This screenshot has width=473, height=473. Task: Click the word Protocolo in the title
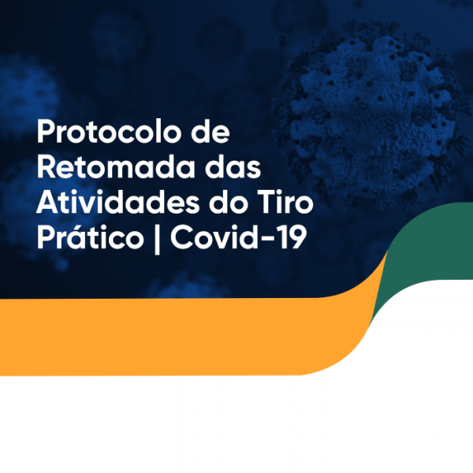(x=108, y=132)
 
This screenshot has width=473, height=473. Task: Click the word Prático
(x=90, y=237)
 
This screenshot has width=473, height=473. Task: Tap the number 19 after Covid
(x=294, y=237)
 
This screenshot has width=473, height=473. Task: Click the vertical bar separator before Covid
(x=157, y=239)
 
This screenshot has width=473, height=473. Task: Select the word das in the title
(x=233, y=167)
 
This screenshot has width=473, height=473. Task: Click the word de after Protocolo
(x=210, y=132)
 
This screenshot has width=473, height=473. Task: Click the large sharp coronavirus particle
(x=371, y=113)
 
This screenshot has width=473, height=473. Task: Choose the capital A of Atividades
(x=47, y=202)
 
